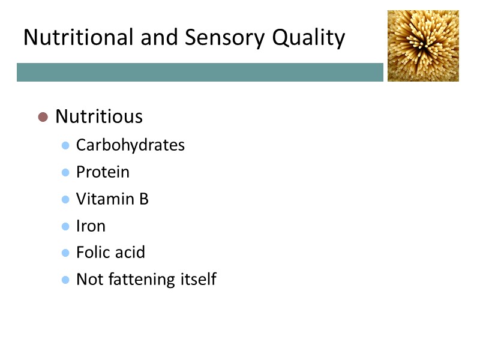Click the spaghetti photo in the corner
(x=423, y=46)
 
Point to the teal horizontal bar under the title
(x=200, y=72)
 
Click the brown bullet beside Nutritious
(x=43, y=116)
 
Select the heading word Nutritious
(x=99, y=116)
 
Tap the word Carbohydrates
(x=130, y=145)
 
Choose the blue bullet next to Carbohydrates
(x=66, y=146)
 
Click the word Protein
(x=103, y=172)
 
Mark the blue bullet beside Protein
(x=66, y=173)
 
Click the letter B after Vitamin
(x=144, y=199)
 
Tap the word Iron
(x=91, y=226)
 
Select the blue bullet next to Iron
(x=66, y=227)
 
